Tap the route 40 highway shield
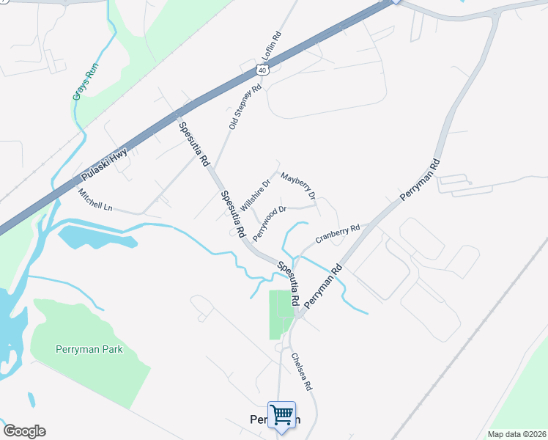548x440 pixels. click(262, 70)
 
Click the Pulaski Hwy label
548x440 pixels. click(104, 166)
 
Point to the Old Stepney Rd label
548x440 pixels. click(245, 107)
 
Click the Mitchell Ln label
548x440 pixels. click(95, 199)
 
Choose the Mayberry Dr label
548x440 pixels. click(298, 186)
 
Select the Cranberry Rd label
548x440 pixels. click(338, 234)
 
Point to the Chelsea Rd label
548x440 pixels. click(302, 372)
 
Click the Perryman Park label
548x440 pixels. click(89, 349)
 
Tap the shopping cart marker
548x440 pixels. click(281, 416)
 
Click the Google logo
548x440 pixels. click(24, 431)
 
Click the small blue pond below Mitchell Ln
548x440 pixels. click(95, 237)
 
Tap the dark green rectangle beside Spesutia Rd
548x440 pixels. click(281, 314)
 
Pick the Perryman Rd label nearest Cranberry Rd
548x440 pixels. click(323, 286)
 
